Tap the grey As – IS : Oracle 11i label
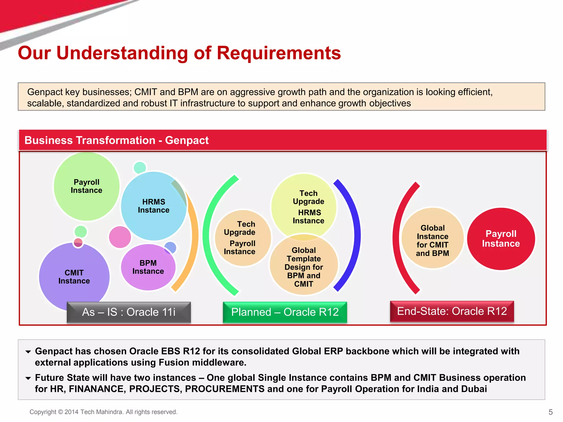click(x=129, y=312)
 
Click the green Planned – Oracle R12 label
click(x=285, y=312)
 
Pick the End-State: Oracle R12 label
click(x=452, y=311)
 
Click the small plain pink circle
click(x=120, y=237)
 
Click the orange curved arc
click(x=194, y=236)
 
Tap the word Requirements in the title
click(x=279, y=53)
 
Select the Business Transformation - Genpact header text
click(x=117, y=140)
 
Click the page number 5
click(x=550, y=412)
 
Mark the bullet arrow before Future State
click(x=28, y=378)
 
